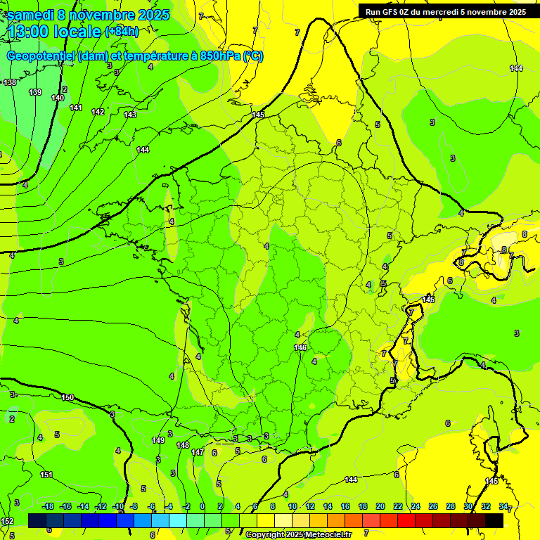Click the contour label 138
point(10,82)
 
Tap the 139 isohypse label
point(35,92)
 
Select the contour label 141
point(76,108)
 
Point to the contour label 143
point(130,115)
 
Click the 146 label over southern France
point(300,347)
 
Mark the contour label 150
point(67,397)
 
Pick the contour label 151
point(46,475)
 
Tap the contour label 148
point(183,445)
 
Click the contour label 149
point(158,440)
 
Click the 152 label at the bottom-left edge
point(7,521)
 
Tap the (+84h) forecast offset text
point(122,32)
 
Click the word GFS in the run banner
point(390,11)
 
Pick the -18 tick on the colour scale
point(49,506)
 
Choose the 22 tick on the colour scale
point(398,506)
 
